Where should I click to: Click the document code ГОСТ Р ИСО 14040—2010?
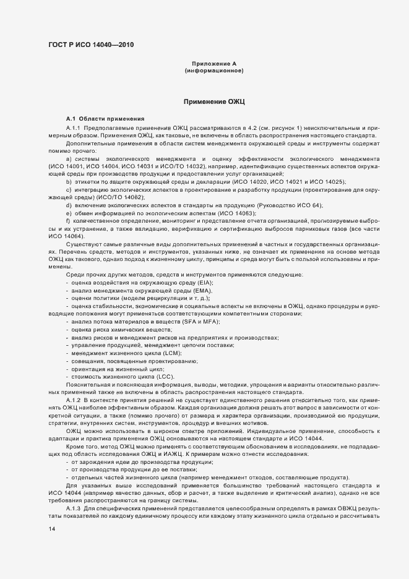pos(90,45)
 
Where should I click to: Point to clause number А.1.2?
pos(74,400)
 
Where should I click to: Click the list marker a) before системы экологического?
pos(69,158)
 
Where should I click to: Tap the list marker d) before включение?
pos(69,205)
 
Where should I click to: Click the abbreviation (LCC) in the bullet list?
pos(165,377)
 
